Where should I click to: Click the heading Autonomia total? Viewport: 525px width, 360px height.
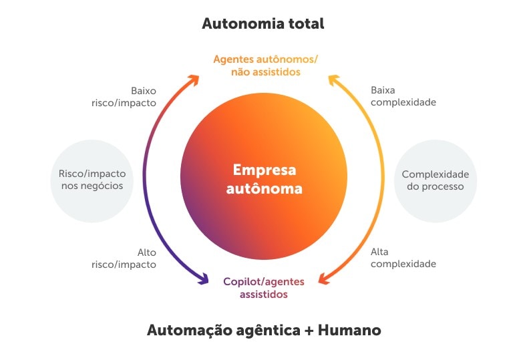pos(262,24)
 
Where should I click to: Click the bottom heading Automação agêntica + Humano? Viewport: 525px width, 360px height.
pos(263,330)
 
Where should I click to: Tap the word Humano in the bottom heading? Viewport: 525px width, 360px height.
pos(349,330)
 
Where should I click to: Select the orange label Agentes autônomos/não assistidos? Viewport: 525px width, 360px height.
pos(265,65)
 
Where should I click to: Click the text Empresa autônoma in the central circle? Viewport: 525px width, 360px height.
pos(264,179)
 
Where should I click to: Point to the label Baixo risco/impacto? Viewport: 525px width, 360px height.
pos(124,97)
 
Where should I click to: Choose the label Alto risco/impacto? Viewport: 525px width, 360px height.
pos(124,258)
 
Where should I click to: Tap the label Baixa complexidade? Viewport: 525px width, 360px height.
pos(403,96)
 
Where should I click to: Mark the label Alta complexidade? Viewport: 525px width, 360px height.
pos(403,258)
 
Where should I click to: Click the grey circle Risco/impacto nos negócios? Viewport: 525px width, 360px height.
pos(92,180)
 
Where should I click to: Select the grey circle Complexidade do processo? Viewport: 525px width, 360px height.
pos(435,180)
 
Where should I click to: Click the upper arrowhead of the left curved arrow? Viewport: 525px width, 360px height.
pos(194,79)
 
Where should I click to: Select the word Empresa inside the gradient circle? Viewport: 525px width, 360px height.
pos(264,170)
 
